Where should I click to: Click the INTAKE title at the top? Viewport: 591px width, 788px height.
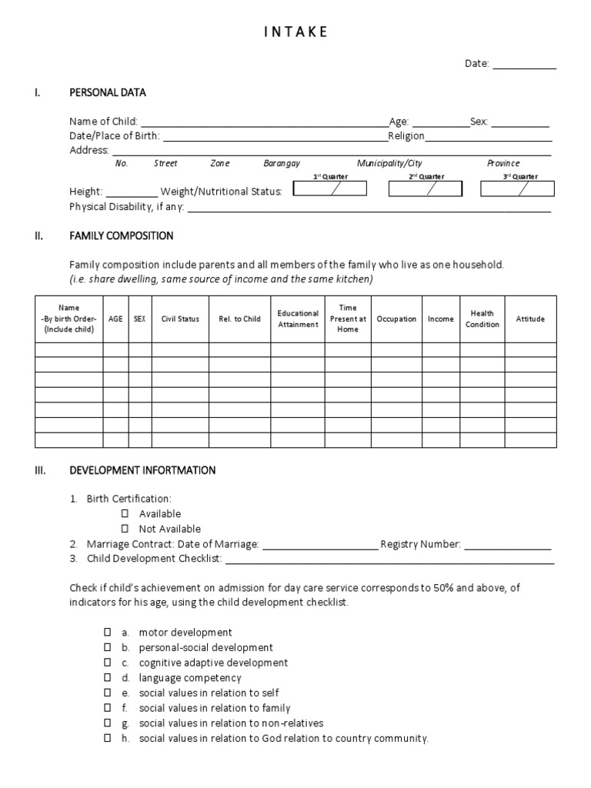click(296, 32)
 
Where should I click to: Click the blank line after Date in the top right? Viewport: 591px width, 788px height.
click(524, 65)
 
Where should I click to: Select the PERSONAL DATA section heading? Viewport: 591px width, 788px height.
click(108, 93)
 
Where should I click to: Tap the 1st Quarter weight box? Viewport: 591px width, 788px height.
click(330, 189)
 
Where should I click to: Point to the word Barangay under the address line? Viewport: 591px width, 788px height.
click(282, 163)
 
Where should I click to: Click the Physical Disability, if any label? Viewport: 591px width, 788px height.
click(126, 206)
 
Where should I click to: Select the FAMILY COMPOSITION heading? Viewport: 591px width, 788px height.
click(122, 235)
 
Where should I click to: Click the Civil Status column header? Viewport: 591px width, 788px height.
click(180, 319)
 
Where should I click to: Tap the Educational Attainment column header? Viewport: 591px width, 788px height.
click(298, 319)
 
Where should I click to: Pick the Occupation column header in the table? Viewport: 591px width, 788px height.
click(397, 319)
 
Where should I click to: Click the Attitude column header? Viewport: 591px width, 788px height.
click(530, 319)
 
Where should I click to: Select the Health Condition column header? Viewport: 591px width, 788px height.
click(482, 319)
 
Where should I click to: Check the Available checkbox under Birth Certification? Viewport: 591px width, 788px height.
click(124, 513)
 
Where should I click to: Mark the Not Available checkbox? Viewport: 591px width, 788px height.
click(124, 529)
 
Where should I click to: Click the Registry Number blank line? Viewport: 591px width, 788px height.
click(508, 545)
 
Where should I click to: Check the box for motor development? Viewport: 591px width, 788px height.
click(109, 632)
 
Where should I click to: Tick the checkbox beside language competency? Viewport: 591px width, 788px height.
click(109, 678)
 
